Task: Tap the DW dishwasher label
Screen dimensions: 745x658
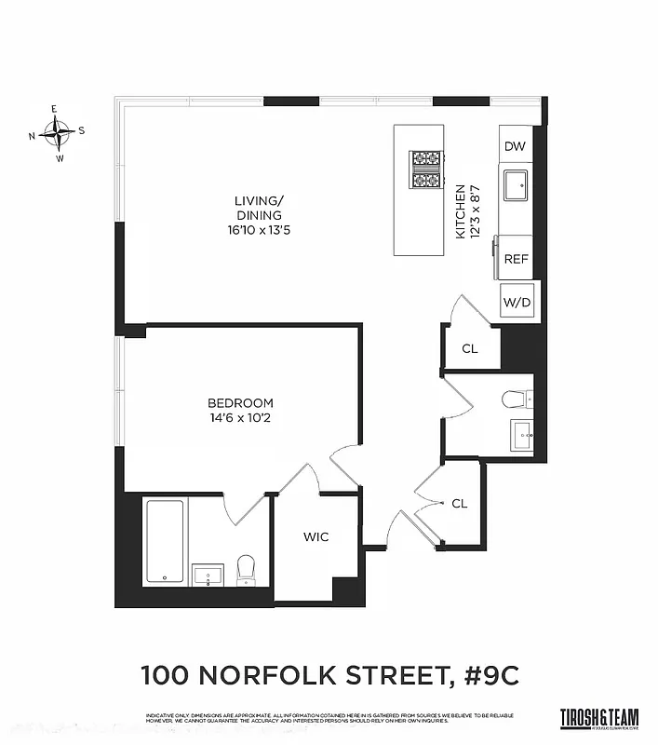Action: pos(515,146)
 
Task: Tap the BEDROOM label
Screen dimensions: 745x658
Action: pos(240,402)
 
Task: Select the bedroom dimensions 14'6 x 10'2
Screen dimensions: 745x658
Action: pos(240,417)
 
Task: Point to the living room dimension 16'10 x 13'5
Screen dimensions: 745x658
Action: pos(258,230)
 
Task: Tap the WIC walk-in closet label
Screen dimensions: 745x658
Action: pos(316,537)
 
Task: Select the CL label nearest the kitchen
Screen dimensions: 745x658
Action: pos(470,349)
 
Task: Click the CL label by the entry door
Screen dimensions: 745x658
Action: pos(459,503)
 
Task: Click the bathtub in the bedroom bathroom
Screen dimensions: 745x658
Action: pos(166,542)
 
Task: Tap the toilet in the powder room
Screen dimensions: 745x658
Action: pos(515,400)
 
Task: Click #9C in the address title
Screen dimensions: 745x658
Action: pos(490,673)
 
